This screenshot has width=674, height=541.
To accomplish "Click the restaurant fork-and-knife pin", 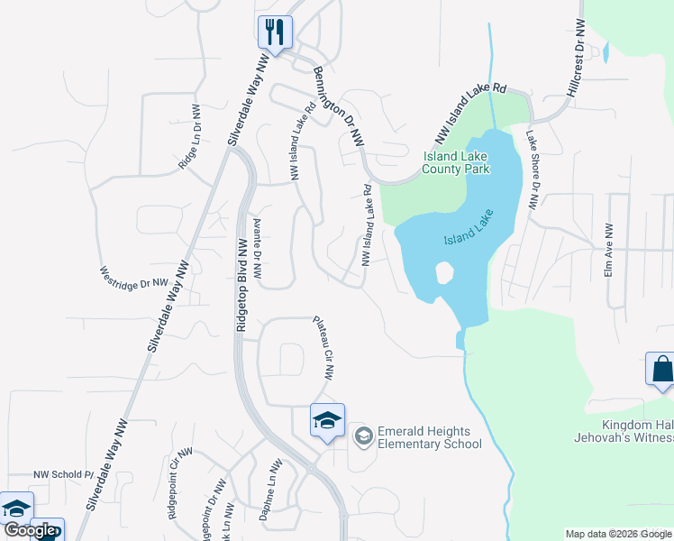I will (x=274, y=32).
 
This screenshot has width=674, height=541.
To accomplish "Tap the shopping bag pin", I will (x=661, y=370).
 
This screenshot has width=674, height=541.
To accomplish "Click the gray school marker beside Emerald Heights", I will (x=363, y=436).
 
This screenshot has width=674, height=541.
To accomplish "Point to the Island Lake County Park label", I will (x=456, y=162).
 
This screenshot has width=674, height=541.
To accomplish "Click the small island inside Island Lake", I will (x=443, y=271).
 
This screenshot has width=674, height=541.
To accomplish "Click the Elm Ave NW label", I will (x=609, y=250).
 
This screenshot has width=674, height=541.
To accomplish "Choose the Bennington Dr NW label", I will (x=339, y=106).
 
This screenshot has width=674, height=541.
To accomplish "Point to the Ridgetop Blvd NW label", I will (x=241, y=286).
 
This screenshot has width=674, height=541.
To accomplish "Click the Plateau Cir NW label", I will (x=323, y=346).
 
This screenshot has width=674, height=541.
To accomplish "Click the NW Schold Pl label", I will (x=64, y=474).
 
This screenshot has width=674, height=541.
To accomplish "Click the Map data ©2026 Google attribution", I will (x=618, y=534).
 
